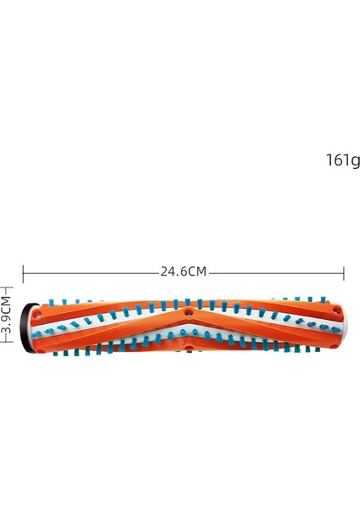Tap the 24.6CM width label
[183, 272]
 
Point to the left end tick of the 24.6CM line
[23, 272]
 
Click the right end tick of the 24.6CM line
[343, 272]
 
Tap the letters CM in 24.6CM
[197, 272]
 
